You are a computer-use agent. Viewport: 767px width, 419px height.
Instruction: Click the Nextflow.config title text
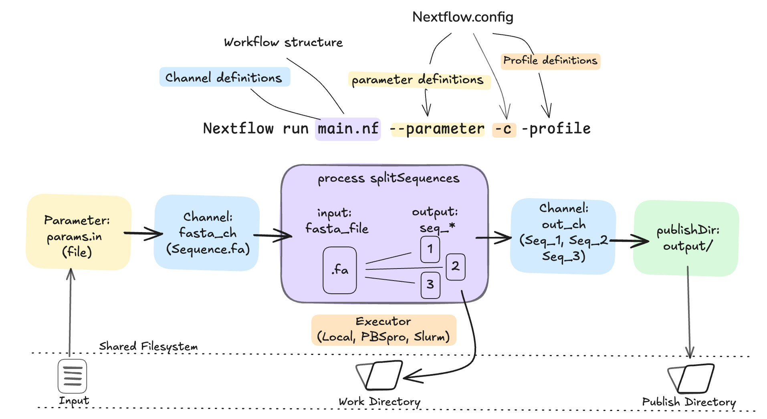tap(462, 17)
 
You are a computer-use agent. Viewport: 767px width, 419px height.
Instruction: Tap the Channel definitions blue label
tap(224, 77)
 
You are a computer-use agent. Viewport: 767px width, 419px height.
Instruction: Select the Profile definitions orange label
tap(550, 61)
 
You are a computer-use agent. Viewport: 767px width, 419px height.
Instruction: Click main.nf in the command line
tap(348, 129)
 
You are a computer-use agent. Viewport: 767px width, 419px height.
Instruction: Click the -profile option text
tap(556, 129)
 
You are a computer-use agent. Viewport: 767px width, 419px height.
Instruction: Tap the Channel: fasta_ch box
tap(207, 233)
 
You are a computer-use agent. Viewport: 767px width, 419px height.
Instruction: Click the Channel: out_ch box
tap(563, 236)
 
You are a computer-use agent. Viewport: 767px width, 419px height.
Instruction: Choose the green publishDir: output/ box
tap(686, 238)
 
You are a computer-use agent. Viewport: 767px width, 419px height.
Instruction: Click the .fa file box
tap(339, 270)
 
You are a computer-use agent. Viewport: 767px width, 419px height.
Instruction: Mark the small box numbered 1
tap(430, 249)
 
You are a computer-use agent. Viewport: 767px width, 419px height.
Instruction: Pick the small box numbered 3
tap(430, 285)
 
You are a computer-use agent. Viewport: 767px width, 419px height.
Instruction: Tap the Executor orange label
tap(383, 330)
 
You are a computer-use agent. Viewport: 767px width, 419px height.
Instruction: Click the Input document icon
tap(72, 376)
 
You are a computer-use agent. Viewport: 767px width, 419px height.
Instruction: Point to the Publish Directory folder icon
tap(691, 378)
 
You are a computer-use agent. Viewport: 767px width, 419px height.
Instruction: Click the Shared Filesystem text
tap(148, 346)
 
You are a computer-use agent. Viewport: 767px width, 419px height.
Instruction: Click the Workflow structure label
tap(283, 42)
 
